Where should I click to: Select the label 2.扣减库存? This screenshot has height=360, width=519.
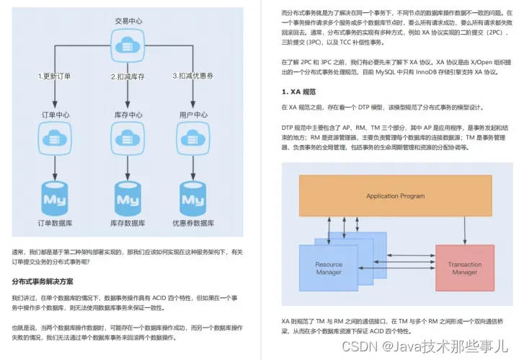pyautogui.click(x=128, y=75)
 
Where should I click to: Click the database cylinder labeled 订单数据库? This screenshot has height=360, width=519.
pyautogui.click(x=55, y=195)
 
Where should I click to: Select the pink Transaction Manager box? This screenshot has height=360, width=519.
pyautogui.click(x=464, y=268)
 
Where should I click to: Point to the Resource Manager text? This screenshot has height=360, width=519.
pyautogui.click(x=329, y=268)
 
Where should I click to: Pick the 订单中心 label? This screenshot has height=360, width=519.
pyautogui.click(x=55, y=114)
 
